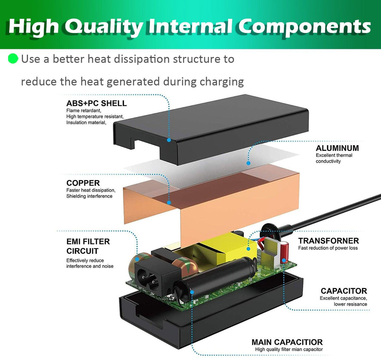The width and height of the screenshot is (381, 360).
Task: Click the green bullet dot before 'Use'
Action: point(13,59)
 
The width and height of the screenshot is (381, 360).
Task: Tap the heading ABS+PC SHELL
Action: point(96,103)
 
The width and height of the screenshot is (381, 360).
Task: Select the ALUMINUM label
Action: point(337,148)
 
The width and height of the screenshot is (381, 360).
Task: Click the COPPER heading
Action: point(83,183)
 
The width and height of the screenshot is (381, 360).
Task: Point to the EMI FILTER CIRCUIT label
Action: point(88,246)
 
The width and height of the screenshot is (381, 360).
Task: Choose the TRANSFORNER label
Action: point(329,241)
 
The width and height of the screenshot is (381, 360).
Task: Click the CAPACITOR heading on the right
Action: point(344,291)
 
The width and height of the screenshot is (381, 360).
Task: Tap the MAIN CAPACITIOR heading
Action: point(287,342)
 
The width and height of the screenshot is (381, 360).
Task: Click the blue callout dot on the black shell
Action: point(169,140)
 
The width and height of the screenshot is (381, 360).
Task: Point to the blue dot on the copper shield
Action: point(169,203)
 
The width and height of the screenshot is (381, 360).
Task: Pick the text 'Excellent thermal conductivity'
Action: point(334,158)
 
